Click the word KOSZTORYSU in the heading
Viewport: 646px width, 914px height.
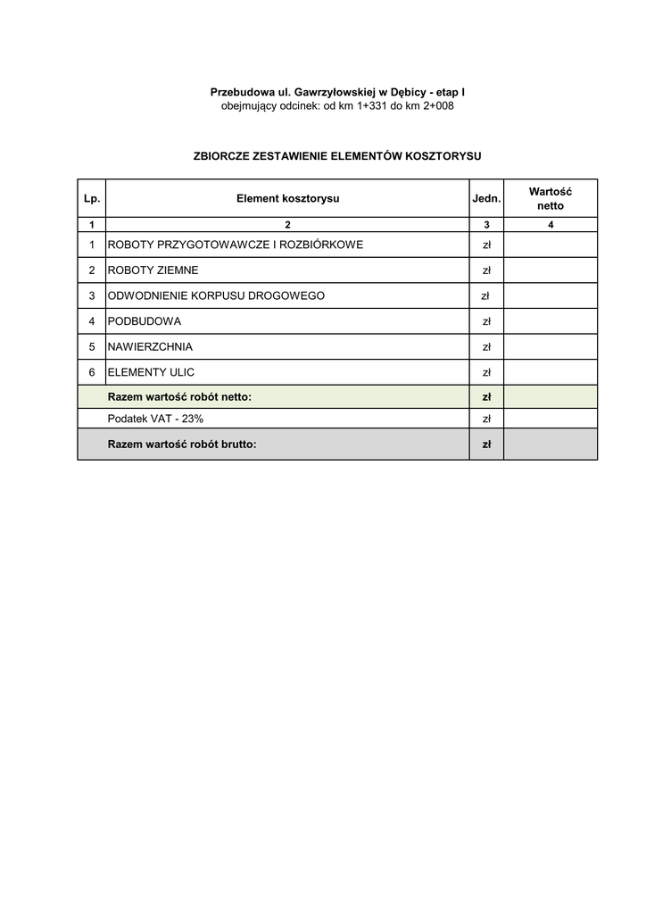(x=442, y=155)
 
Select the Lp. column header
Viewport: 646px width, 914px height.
(x=91, y=198)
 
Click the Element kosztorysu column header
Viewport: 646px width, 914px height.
(x=287, y=198)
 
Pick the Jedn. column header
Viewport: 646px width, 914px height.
(x=486, y=198)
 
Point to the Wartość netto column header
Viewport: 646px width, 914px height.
(x=551, y=198)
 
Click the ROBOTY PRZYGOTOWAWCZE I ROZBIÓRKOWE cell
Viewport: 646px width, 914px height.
(x=236, y=245)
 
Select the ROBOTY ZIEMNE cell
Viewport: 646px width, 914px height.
(x=153, y=270)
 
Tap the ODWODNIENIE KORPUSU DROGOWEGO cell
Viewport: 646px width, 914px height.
(x=216, y=295)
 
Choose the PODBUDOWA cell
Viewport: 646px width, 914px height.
(x=145, y=320)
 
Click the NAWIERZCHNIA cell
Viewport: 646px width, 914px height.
(x=150, y=346)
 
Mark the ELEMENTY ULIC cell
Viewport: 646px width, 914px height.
(x=151, y=371)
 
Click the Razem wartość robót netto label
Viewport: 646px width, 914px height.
(x=179, y=396)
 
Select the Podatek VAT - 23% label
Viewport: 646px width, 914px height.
(x=155, y=419)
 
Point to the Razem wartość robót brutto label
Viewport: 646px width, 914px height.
(x=182, y=444)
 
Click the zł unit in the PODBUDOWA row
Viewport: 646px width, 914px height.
(x=486, y=320)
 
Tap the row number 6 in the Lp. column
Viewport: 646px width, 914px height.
(x=91, y=371)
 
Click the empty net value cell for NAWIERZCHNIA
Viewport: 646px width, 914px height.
(x=551, y=346)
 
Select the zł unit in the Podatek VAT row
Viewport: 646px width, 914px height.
(x=486, y=419)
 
